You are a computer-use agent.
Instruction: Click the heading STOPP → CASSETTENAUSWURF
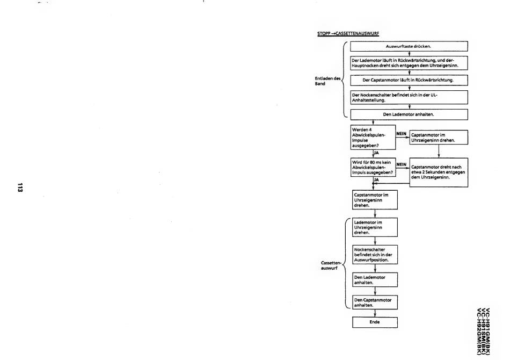[348, 33]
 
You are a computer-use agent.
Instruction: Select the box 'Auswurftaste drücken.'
[409, 46]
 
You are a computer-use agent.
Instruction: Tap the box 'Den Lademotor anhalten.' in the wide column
[409, 114]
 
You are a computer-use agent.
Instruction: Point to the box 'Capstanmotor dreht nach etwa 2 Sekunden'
[439, 171]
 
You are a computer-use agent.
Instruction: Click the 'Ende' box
[375, 322]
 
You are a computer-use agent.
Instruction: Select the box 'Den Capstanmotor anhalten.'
[375, 302]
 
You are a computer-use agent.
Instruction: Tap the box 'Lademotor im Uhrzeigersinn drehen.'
[375, 227]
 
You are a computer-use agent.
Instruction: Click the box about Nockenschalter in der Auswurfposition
[375, 255]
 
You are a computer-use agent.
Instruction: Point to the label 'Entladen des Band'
[327, 81]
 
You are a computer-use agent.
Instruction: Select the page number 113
[20, 188]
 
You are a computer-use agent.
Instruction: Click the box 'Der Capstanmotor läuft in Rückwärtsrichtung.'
[409, 80]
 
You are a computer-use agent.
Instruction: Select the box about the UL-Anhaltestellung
[409, 97]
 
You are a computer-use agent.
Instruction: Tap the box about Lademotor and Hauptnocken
[409, 63]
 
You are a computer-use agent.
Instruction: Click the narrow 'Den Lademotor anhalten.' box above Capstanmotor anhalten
[375, 279]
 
